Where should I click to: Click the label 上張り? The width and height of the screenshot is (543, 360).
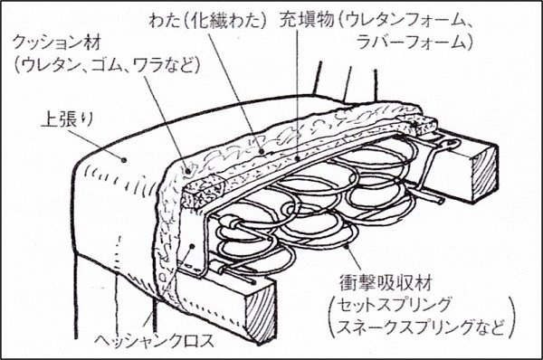coord(67,120)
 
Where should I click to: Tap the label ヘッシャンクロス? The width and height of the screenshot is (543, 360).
coord(155,341)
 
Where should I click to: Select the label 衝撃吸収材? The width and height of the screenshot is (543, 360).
coord(386,283)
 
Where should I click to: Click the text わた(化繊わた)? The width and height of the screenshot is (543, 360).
coord(208,21)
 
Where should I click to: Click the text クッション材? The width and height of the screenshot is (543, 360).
coord(57,43)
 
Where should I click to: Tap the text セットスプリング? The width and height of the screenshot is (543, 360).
coord(395,305)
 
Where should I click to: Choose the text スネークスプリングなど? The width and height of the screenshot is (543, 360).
coord(420,327)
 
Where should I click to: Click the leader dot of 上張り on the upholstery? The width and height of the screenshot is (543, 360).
coord(123,159)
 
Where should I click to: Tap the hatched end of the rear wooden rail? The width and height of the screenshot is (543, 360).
coord(484,175)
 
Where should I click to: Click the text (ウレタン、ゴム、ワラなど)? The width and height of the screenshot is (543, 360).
coord(107,65)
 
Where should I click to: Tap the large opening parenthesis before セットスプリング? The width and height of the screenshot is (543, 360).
coord(332,316)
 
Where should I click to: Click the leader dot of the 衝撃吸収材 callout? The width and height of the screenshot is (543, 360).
coord(347,245)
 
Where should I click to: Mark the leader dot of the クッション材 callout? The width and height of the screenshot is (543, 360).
coord(187,171)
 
